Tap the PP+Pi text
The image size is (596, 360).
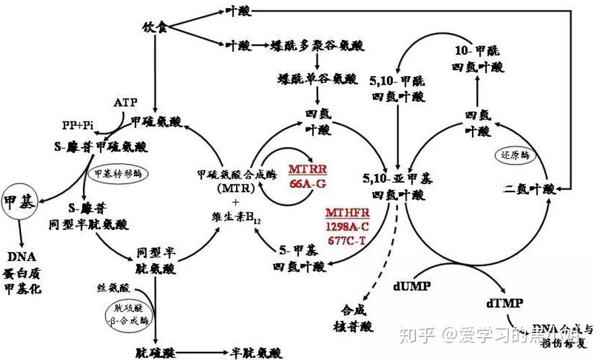77,125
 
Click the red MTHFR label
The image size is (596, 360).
348,212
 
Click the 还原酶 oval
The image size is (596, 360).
514,154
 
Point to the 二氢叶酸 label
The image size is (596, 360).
531,189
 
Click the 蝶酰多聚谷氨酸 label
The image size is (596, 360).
317,46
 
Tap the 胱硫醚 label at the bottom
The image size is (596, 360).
152,352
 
